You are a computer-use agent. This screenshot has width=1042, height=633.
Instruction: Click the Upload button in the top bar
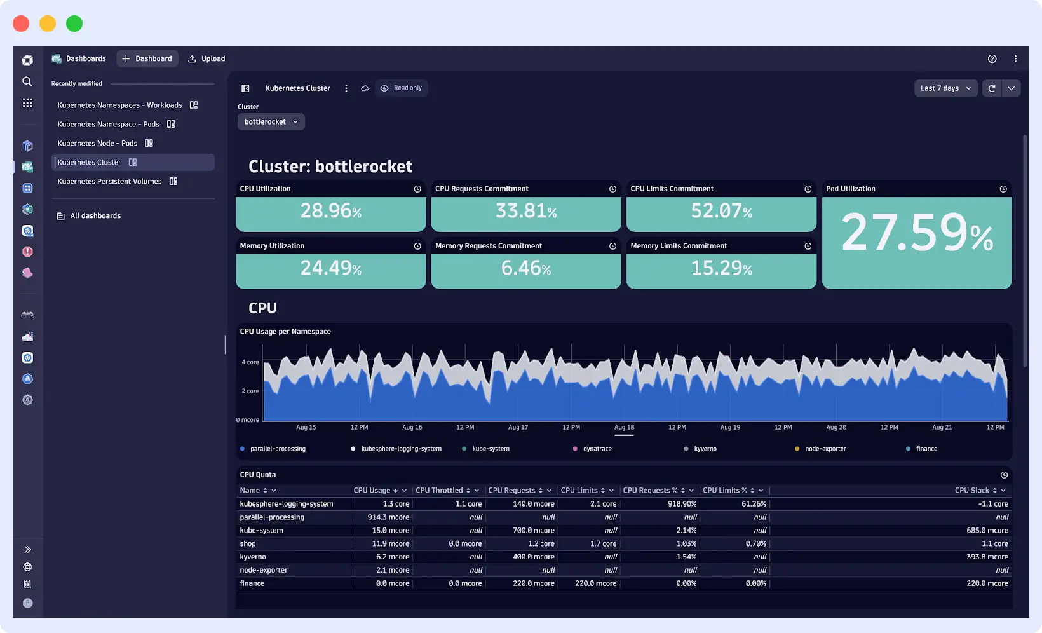(207, 58)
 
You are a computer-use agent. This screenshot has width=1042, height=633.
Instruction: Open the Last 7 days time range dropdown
(945, 88)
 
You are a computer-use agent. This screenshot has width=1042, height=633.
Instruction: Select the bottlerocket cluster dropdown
(271, 122)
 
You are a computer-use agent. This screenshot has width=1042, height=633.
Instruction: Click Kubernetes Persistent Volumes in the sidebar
(110, 182)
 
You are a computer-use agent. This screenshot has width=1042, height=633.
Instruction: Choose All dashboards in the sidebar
(95, 216)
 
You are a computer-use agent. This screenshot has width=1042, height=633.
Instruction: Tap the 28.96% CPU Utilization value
(330, 211)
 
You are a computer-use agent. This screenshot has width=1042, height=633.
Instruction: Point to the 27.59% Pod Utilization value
(916, 233)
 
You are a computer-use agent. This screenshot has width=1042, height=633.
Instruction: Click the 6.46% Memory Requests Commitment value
(525, 268)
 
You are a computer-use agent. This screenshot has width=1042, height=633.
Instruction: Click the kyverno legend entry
(705, 449)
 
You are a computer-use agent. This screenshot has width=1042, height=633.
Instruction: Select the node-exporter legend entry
(825, 449)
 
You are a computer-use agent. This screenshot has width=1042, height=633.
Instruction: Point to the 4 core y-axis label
(250, 362)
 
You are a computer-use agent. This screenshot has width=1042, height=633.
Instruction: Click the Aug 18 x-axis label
(624, 428)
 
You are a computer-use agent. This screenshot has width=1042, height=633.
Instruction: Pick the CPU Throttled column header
(439, 491)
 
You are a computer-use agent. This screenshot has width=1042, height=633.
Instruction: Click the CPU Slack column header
(971, 491)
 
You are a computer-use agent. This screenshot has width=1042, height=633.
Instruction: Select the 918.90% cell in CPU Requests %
(682, 504)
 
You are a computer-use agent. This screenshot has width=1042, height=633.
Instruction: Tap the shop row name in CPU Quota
(248, 544)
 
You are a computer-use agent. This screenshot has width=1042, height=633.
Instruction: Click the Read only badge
(402, 88)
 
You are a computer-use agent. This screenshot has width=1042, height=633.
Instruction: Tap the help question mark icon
(992, 59)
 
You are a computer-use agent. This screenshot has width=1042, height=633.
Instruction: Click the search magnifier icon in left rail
(27, 82)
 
